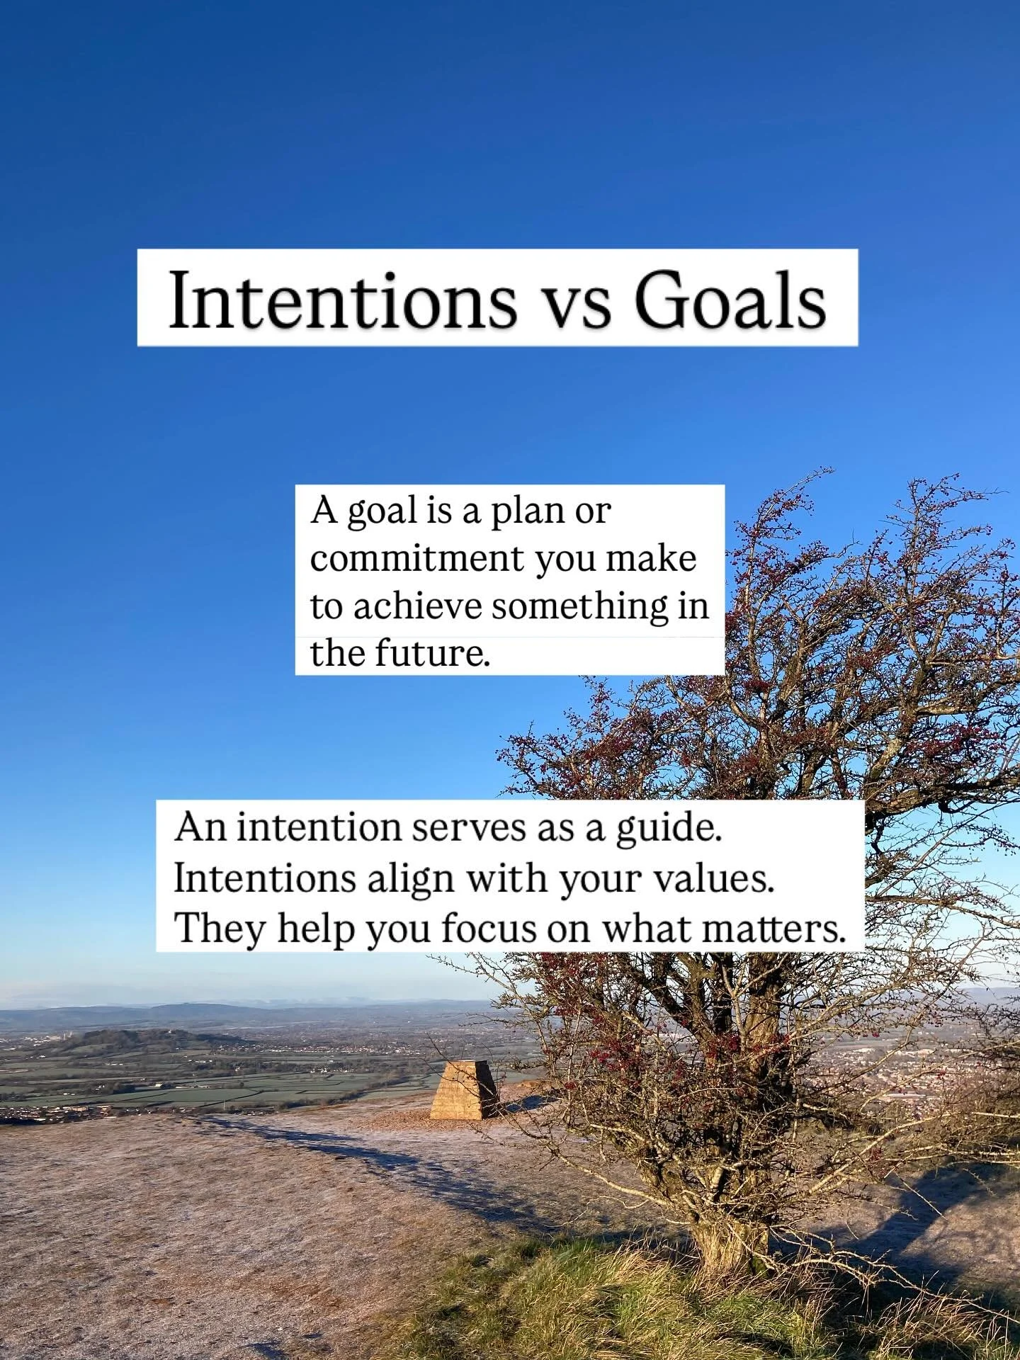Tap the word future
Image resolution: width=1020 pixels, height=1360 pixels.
(x=431, y=652)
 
